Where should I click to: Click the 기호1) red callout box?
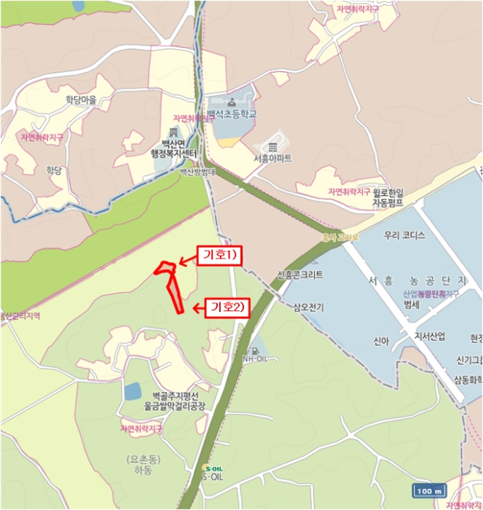tap(219, 255)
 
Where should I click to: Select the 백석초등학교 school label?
tap(232, 114)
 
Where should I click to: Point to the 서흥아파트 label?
tap(273, 158)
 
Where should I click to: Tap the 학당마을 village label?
tap(81, 100)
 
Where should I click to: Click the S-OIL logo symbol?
tap(213, 468)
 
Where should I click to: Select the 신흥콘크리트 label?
tap(299, 275)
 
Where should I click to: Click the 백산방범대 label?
tap(199, 173)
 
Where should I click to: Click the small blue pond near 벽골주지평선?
tap(132, 391)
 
